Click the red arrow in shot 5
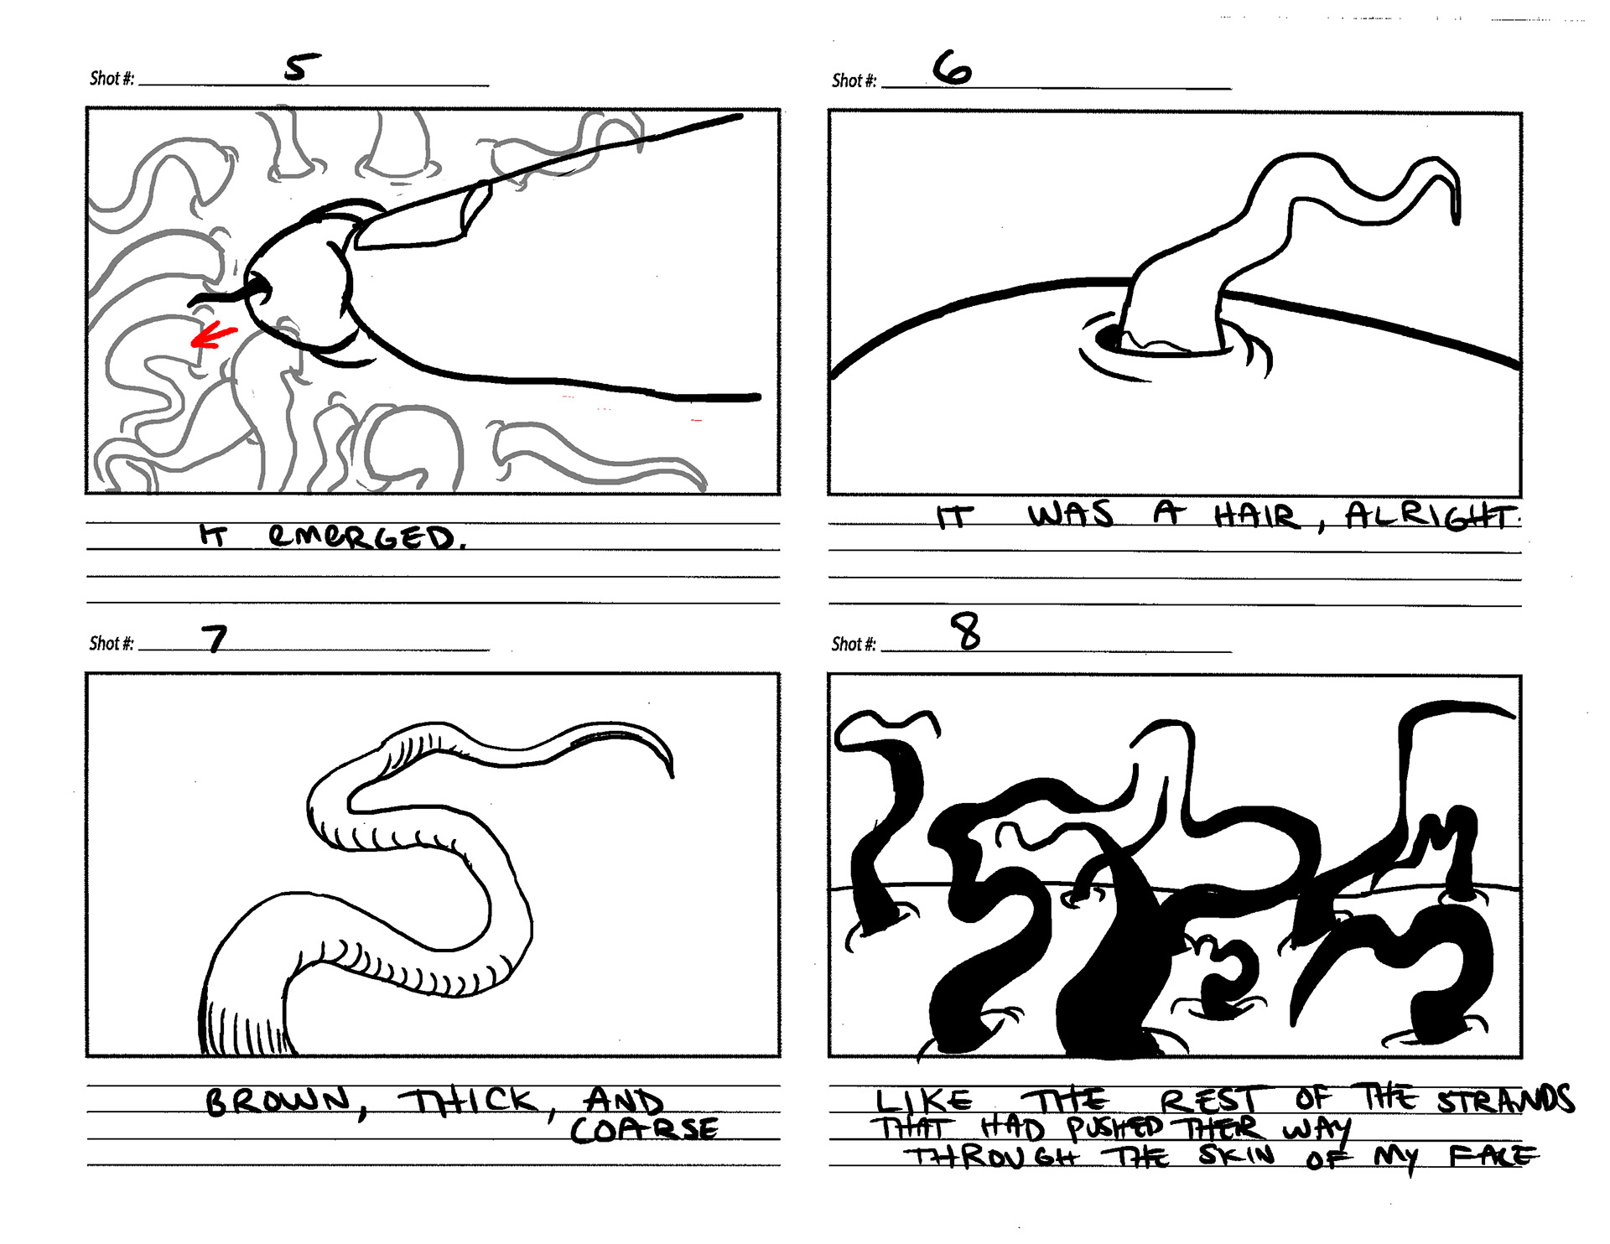tap(213, 334)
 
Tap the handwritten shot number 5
tap(302, 67)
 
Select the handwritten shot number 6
tap(953, 67)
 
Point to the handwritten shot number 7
tap(216, 639)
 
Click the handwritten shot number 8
tap(966, 631)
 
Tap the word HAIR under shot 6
tap(1256, 516)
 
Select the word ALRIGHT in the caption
tap(1432, 516)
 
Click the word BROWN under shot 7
tap(278, 1101)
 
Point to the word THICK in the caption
tap(467, 1101)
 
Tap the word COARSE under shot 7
tap(644, 1129)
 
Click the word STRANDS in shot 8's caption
tap(1505, 1099)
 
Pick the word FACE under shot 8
tap(1493, 1156)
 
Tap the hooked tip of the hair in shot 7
tap(669, 765)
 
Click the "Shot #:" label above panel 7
tap(112, 644)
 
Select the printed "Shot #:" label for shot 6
tap(854, 80)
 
